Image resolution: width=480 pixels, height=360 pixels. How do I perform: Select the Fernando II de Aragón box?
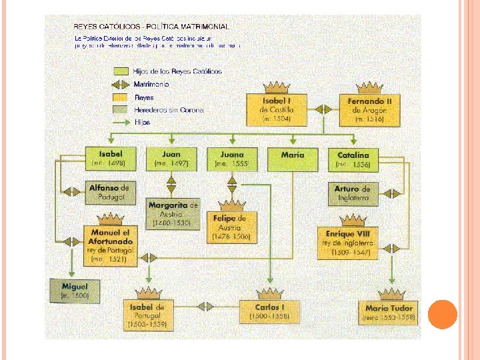[369, 110]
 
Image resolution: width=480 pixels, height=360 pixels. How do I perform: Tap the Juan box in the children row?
[171, 159]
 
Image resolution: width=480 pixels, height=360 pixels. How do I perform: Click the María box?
[292, 158]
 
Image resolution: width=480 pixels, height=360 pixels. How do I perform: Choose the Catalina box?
[353, 159]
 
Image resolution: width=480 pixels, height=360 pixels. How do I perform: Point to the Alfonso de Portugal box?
[109, 192]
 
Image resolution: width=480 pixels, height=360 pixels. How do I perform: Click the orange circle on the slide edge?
[441, 315]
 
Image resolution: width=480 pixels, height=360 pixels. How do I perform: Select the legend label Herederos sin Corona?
[168, 110]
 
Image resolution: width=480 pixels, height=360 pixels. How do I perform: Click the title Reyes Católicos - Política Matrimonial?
[151, 27]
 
